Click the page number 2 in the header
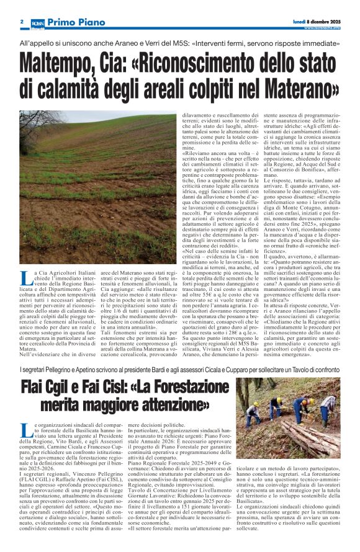point(22,22)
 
